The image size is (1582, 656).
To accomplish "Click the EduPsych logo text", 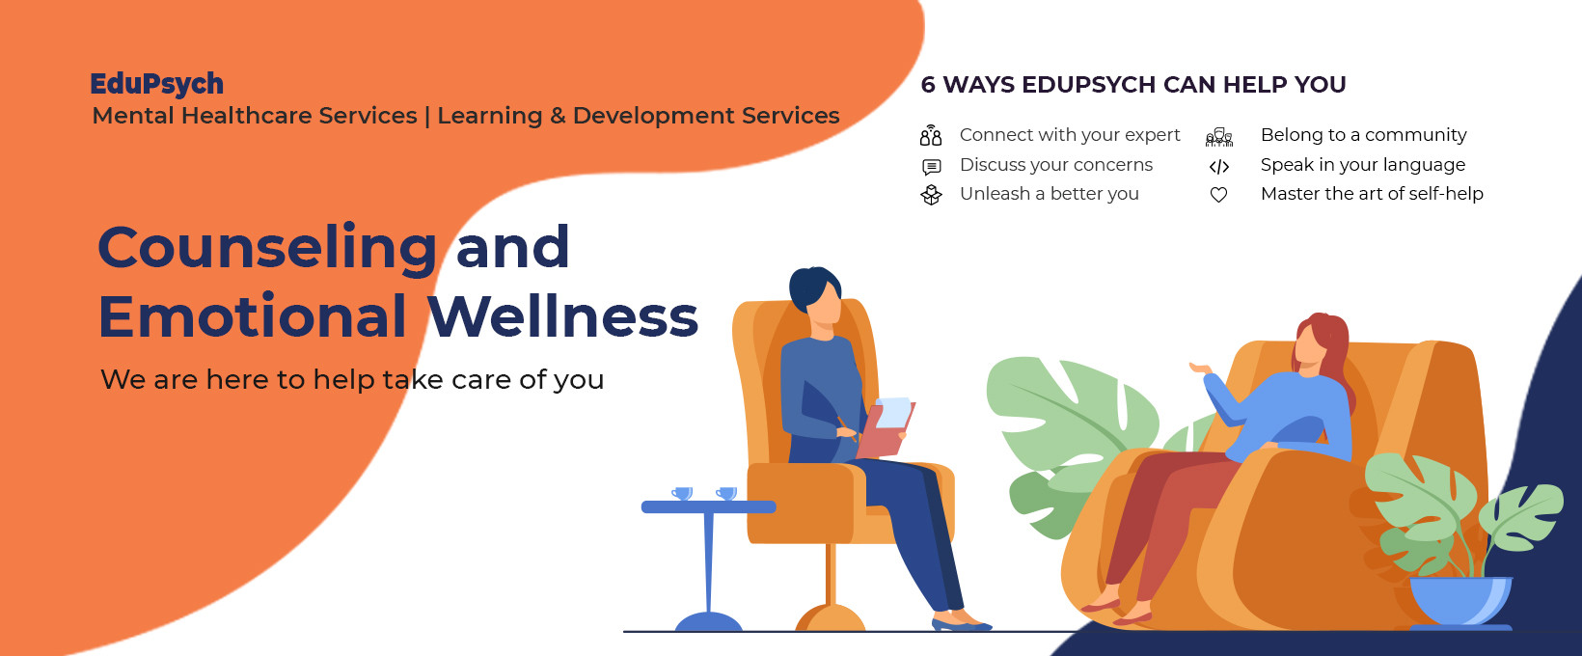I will [x=156, y=84].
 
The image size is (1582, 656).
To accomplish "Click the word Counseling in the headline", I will [x=267, y=248].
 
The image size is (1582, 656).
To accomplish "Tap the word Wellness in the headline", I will [x=562, y=316].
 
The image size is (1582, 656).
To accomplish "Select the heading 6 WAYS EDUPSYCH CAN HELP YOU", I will [x=1133, y=85].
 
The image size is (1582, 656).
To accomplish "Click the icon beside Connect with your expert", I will [x=931, y=135].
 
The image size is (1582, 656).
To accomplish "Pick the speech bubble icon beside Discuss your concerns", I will [x=931, y=166].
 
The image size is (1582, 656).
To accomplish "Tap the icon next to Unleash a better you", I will [x=931, y=195].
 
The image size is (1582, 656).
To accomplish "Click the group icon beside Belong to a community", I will [x=1219, y=137].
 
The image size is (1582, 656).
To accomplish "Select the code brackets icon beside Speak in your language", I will [x=1219, y=166].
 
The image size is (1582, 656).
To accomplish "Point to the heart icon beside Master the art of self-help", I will [x=1219, y=195].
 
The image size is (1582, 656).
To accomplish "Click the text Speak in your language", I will [x=1362, y=165].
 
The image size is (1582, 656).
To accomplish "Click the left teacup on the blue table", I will [x=683, y=493].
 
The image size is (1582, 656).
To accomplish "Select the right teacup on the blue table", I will [x=726, y=493].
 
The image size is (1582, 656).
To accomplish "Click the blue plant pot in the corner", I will [x=1460, y=601].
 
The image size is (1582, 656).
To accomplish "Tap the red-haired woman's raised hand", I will [x=1200, y=368].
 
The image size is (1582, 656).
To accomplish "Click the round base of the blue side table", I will [x=708, y=622].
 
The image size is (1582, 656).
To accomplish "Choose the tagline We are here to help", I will [x=352, y=380].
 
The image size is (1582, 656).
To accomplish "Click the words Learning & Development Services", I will [x=638, y=116].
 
